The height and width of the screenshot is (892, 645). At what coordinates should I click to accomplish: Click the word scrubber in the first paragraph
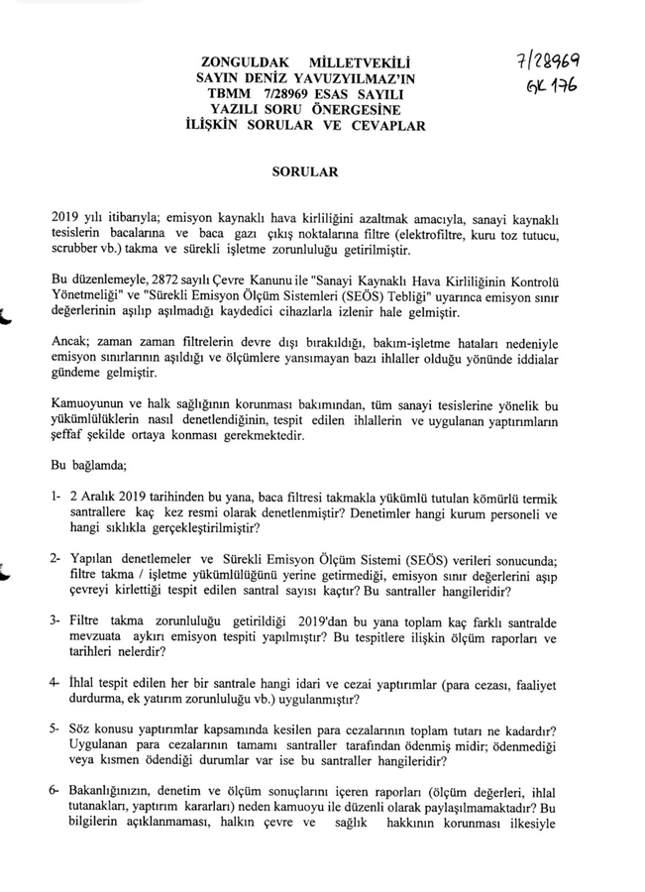75,250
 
